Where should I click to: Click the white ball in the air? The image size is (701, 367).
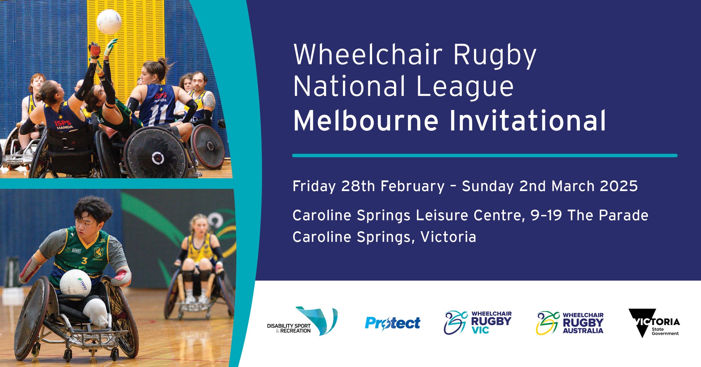[109, 22]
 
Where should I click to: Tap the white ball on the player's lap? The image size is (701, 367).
[76, 284]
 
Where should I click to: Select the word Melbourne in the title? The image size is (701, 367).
[366, 121]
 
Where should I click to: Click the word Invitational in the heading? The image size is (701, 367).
[527, 121]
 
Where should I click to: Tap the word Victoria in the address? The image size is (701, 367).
[448, 237]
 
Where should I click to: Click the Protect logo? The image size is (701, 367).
[392, 323]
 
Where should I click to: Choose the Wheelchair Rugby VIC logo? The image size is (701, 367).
[477, 322]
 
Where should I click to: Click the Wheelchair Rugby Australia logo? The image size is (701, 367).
[570, 323]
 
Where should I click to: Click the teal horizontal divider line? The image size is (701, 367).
[484, 155]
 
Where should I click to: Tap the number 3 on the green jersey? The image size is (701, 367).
[85, 261]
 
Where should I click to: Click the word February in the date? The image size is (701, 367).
[412, 186]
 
